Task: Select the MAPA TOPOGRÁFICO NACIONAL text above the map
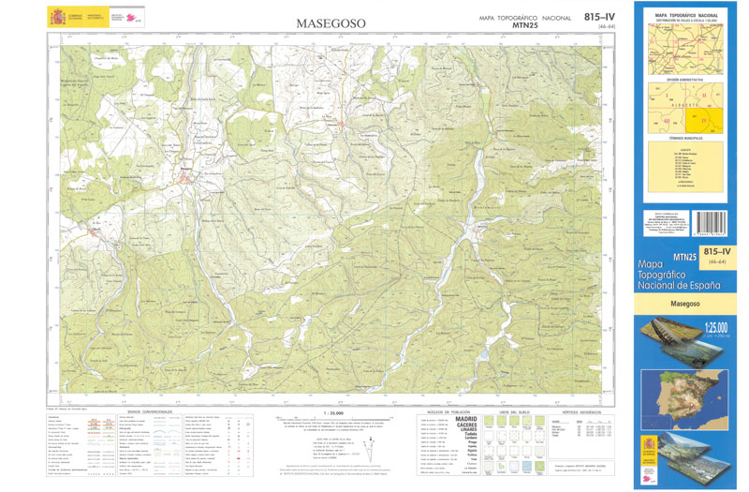[524, 18]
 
